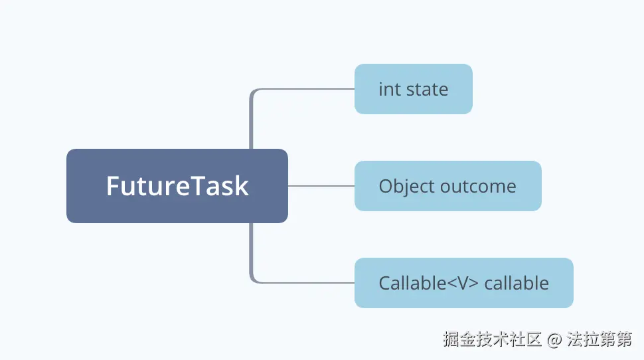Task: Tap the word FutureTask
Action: click(x=177, y=186)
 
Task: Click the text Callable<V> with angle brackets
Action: click(x=428, y=283)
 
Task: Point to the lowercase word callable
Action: click(x=516, y=283)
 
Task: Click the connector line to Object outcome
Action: click(x=321, y=186)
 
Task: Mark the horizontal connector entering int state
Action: click(x=305, y=89)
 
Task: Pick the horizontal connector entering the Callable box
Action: click(x=305, y=283)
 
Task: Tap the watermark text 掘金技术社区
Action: click(x=493, y=339)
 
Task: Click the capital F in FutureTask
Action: click(x=114, y=186)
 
